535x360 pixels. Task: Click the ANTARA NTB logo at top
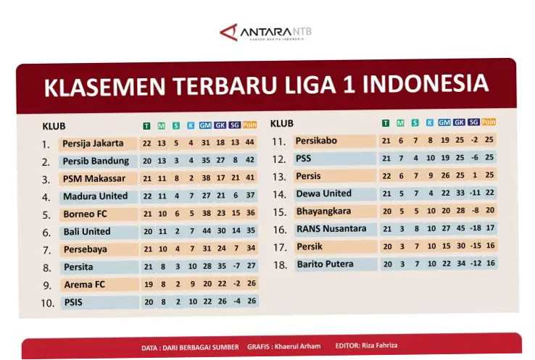pyautogui.click(x=265, y=33)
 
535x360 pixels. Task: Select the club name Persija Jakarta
pyautogui.click(x=93, y=143)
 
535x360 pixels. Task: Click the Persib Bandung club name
pyautogui.click(x=96, y=161)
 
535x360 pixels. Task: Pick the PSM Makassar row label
pyautogui.click(x=94, y=178)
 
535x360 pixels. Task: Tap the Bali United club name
pyautogui.click(x=87, y=232)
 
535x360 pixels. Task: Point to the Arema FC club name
pyautogui.click(x=84, y=285)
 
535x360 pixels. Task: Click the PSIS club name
pyautogui.click(x=74, y=302)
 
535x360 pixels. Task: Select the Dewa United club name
pyautogui.click(x=323, y=193)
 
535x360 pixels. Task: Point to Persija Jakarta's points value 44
pyautogui.click(x=250, y=143)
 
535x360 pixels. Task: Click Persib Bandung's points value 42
pyautogui.click(x=250, y=161)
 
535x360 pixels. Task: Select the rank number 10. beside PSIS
pyautogui.click(x=48, y=303)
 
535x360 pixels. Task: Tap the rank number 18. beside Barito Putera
pyautogui.click(x=280, y=265)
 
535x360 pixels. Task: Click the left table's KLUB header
pyautogui.click(x=54, y=126)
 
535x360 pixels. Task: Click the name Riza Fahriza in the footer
pyautogui.click(x=381, y=346)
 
